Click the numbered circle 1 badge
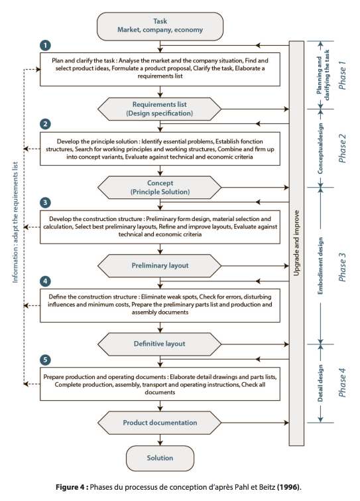pyautogui.click(x=45, y=45)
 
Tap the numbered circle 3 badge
pyautogui.click(x=45, y=202)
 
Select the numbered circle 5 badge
pyautogui.click(x=45, y=360)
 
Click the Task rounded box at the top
pyautogui.click(x=160, y=26)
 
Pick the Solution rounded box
pyautogui.click(x=160, y=458)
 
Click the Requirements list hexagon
pyautogui.click(x=159, y=109)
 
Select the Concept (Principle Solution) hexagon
pyautogui.click(x=159, y=188)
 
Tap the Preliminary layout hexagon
pyautogui.click(x=159, y=265)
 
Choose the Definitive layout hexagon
pyautogui.click(x=159, y=344)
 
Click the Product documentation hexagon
pyautogui.click(x=159, y=423)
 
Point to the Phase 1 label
pyautogui.click(x=342, y=75)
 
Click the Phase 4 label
pyautogui.click(x=342, y=382)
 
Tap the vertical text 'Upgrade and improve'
pyautogui.click(x=296, y=243)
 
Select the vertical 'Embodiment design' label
pyautogui.click(x=320, y=266)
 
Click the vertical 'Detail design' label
pyautogui.click(x=320, y=383)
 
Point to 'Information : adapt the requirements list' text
pyautogui.click(x=15, y=222)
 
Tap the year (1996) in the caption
pyautogui.click(x=289, y=487)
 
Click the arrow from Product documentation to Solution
pyautogui.click(x=160, y=440)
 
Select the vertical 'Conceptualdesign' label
pyautogui.click(x=320, y=149)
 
